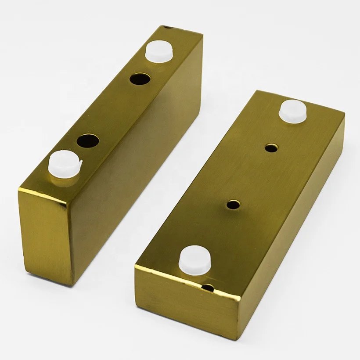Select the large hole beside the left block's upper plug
[x=140, y=79]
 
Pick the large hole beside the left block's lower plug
[x=88, y=141]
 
